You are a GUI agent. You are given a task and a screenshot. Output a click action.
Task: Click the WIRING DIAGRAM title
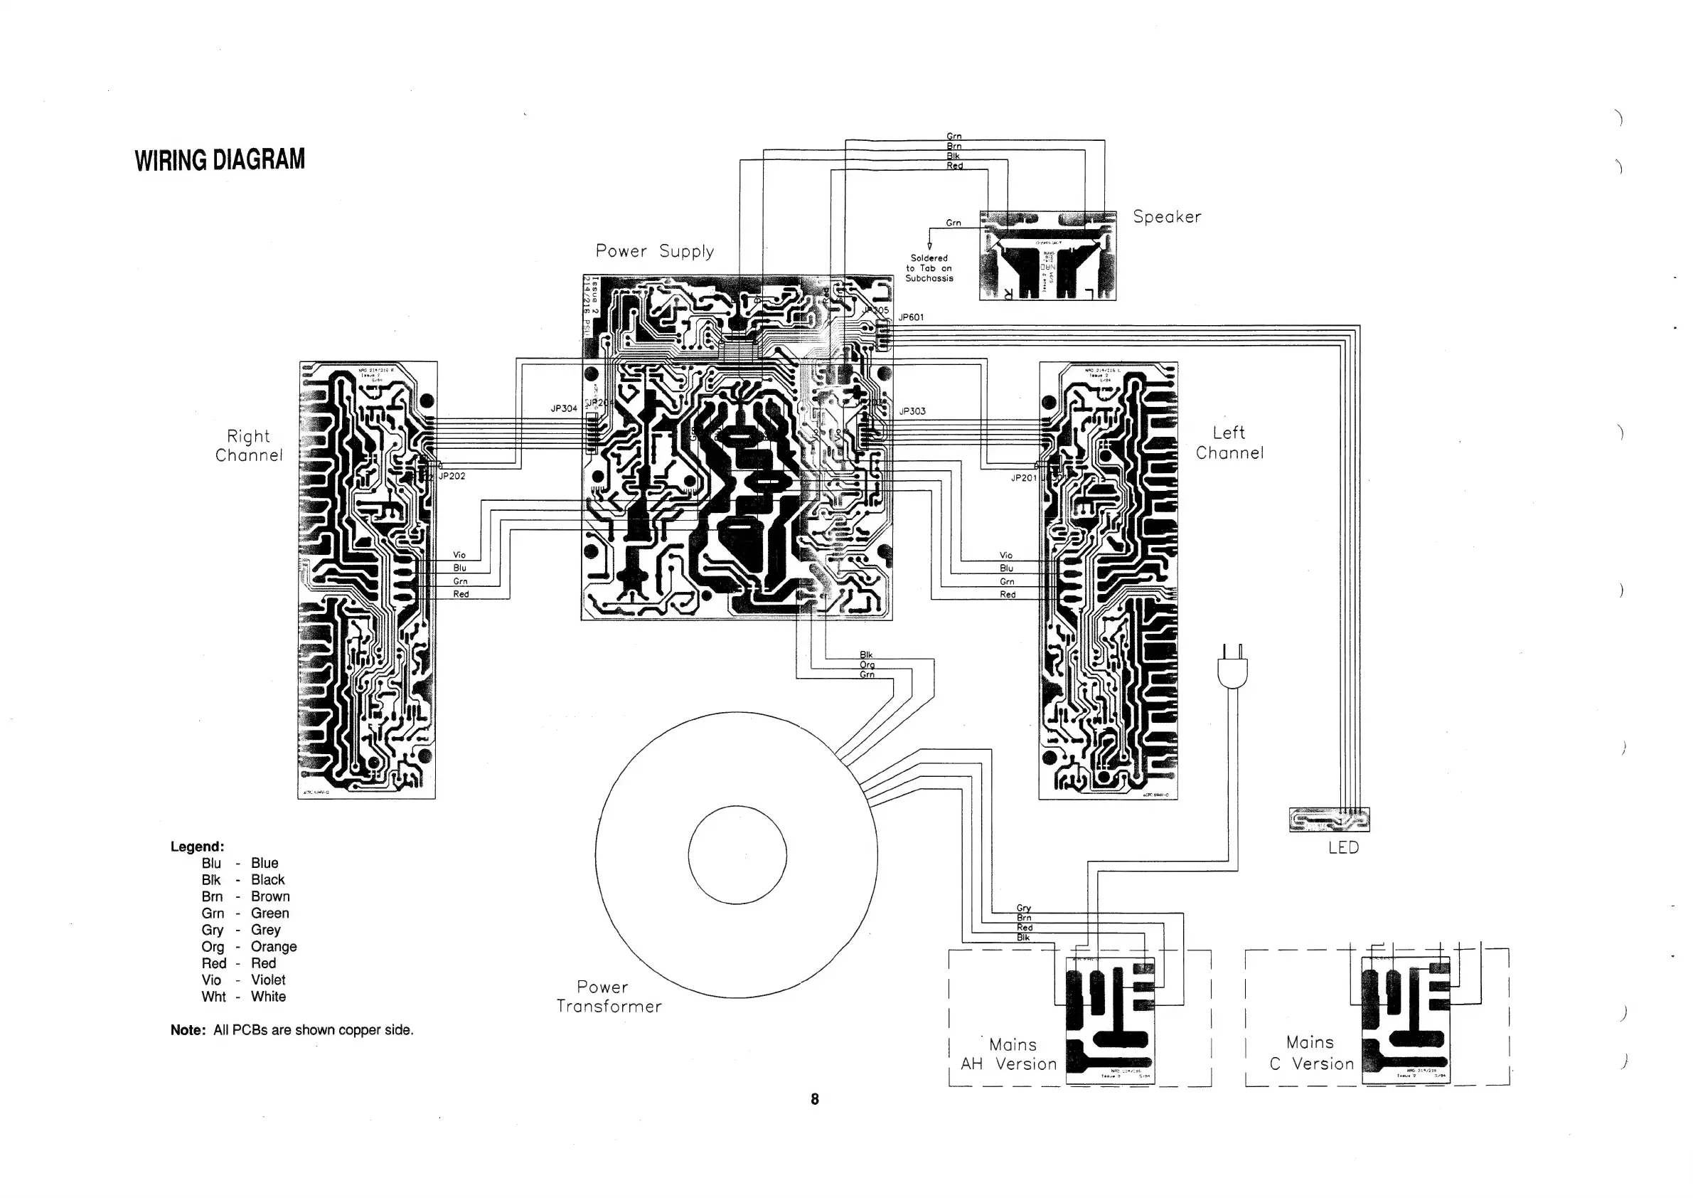tap(220, 160)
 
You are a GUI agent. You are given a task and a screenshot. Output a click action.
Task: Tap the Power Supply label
tap(655, 252)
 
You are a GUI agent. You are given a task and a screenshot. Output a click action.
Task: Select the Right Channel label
tap(250, 445)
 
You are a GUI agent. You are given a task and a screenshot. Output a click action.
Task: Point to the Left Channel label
tap(1229, 442)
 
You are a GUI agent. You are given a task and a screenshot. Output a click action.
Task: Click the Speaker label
tap(1167, 217)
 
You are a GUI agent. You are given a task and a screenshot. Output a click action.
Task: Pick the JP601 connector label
tap(911, 317)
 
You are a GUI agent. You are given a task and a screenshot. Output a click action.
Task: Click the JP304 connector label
tap(564, 408)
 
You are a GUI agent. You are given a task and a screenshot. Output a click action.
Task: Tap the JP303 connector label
tap(912, 411)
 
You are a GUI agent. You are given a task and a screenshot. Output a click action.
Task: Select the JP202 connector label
tap(452, 477)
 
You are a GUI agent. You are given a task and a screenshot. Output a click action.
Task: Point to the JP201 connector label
tap(1023, 478)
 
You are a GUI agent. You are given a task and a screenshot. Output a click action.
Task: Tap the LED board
tap(1329, 820)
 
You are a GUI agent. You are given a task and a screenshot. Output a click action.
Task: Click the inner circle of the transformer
tap(737, 855)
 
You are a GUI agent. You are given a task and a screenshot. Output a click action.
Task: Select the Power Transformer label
tap(609, 997)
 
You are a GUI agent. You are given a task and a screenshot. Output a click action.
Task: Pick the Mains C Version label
tap(1312, 1053)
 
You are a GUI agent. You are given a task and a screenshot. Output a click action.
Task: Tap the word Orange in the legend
tap(274, 946)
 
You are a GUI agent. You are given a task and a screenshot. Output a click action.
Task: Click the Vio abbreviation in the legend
tap(212, 980)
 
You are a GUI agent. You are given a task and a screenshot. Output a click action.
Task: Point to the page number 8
tap(815, 1099)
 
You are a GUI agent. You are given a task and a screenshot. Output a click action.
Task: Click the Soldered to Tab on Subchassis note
tap(929, 267)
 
